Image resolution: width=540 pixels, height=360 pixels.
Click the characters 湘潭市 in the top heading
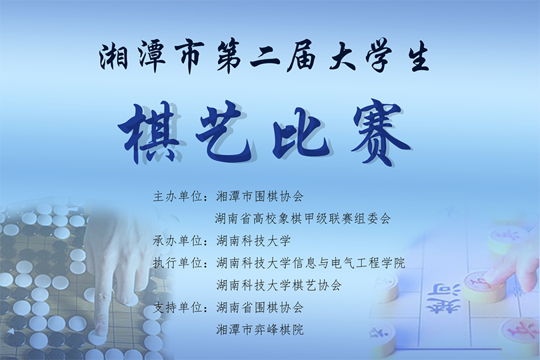[150, 59]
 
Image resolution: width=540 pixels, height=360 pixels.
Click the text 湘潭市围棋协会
[260, 197]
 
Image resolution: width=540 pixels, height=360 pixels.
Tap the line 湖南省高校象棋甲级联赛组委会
[303, 219]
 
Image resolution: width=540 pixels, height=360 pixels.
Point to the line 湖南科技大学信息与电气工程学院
[311, 263]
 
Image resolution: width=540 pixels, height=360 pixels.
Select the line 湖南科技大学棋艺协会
[279, 285]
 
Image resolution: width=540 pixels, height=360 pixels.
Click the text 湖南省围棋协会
[260, 307]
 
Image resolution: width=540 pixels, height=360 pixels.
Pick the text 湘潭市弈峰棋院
[260, 329]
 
